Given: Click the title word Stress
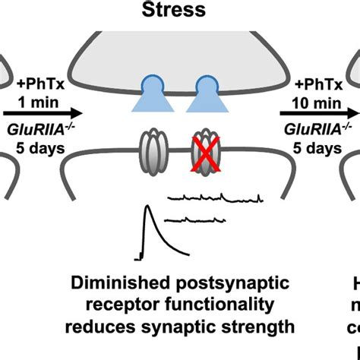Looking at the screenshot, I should [180, 11].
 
